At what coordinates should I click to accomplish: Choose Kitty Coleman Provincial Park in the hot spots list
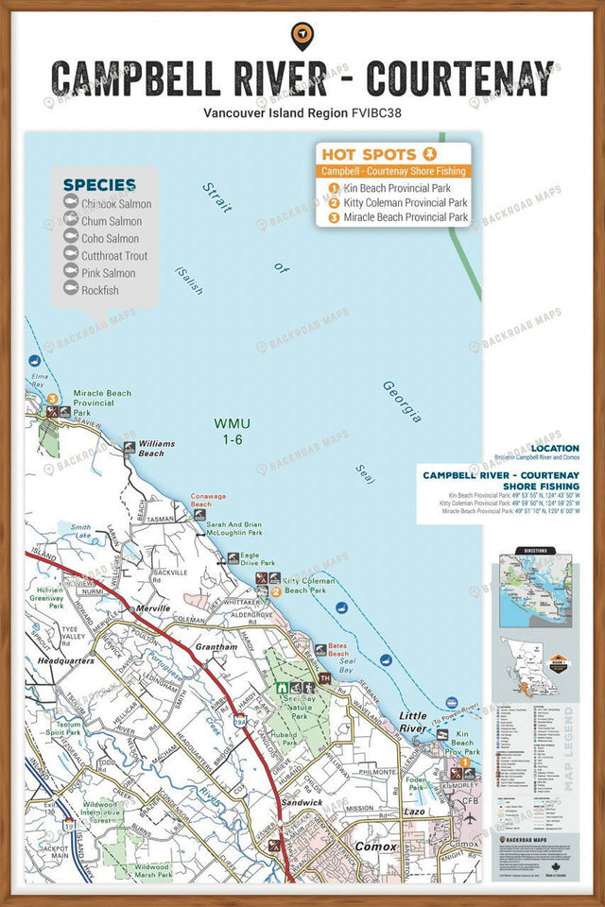[x=405, y=202]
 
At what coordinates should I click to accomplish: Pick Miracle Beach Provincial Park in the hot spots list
[x=405, y=217]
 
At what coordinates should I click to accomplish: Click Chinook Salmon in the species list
[x=115, y=204]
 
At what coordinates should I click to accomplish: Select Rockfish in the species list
[x=100, y=291]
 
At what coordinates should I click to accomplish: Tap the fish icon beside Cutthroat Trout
[x=70, y=255]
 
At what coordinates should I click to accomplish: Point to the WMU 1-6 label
[x=233, y=431]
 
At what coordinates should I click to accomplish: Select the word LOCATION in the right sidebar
[x=555, y=448]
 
